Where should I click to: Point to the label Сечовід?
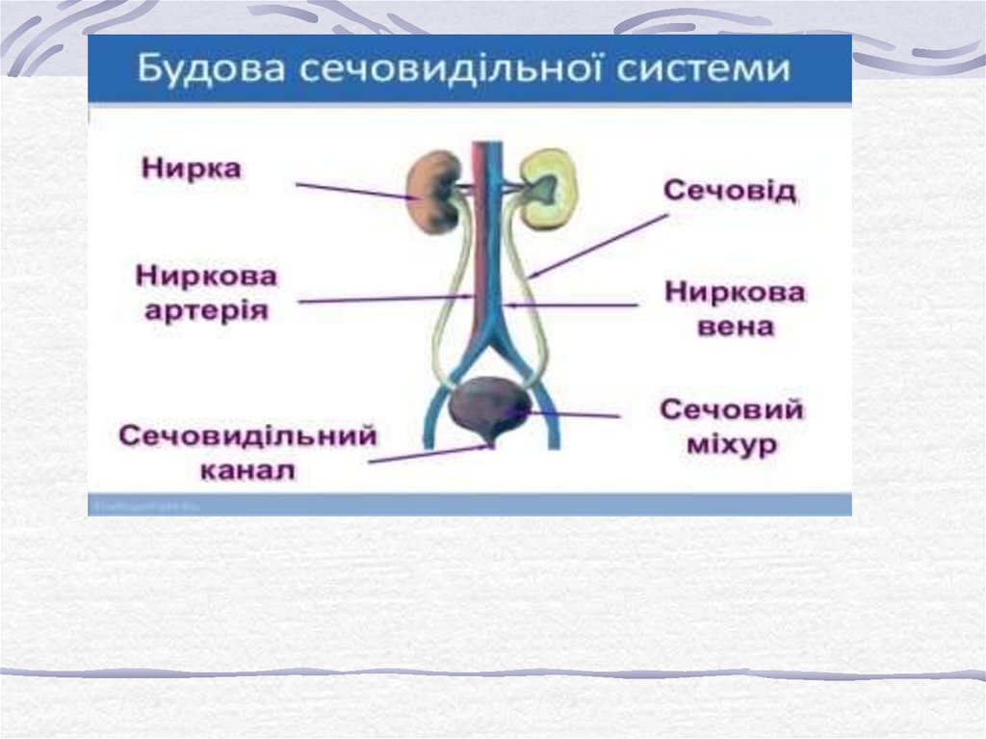click(730, 191)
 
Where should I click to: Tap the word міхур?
click(732, 445)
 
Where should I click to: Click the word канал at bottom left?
click(247, 470)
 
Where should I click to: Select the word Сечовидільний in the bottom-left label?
click(247, 436)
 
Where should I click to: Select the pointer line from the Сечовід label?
click(597, 246)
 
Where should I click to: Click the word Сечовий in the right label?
click(732, 410)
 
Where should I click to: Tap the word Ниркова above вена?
click(734, 292)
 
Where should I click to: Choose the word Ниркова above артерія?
click(206, 277)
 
